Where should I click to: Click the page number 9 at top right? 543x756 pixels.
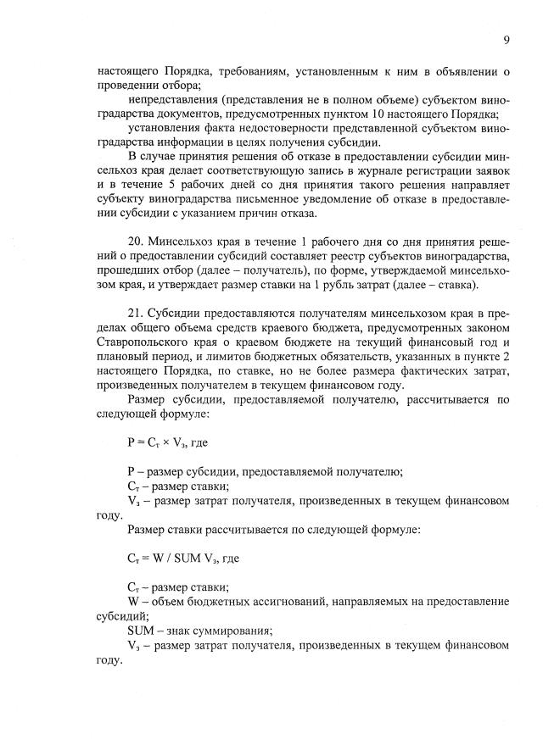tap(507, 40)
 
